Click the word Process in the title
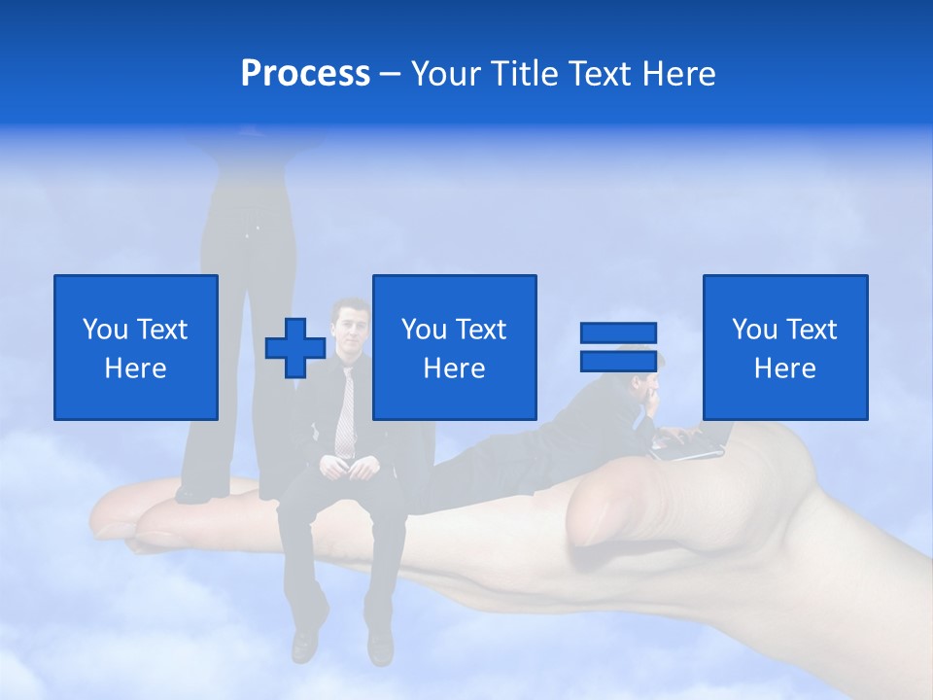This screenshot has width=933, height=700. tap(305, 74)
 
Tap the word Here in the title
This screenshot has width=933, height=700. tap(676, 74)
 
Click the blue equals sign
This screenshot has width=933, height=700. tap(618, 347)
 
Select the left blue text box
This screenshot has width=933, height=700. tap(136, 347)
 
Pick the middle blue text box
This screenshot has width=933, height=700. tap(455, 347)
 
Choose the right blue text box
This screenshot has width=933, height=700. tap(785, 347)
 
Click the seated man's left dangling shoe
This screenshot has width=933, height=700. tap(305, 642)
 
